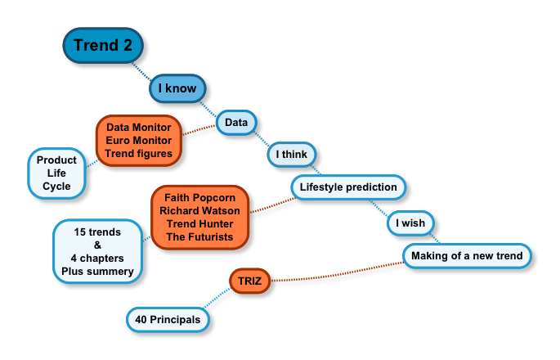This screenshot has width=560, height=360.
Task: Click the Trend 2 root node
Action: coord(103,46)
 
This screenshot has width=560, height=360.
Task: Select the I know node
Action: coord(177,88)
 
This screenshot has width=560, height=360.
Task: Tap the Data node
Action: coord(236,123)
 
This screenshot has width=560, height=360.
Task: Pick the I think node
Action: coord(292,154)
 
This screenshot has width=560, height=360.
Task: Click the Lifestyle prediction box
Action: coord(348,187)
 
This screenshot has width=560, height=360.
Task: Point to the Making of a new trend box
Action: coord(467,256)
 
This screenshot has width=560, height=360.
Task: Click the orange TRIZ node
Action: coord(249,280)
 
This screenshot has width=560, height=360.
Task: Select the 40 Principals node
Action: coord(169,320)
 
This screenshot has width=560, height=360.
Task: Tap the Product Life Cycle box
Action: coord(57,173)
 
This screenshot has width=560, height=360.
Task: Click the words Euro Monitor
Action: coord(139,141)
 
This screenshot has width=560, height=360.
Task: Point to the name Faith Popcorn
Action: coord(199,198)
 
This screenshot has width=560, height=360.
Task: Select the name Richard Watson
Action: coord(199,210)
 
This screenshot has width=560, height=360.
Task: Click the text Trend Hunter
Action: coord(199,223)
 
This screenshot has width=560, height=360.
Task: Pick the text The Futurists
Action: coord(199,236)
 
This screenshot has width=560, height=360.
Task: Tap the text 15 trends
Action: coord(97,232)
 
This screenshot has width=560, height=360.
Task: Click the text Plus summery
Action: coord(97,271)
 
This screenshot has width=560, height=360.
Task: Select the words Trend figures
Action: coord(139,154)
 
